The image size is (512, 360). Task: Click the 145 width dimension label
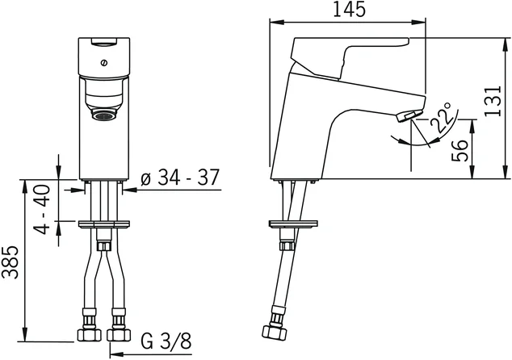[349, 10]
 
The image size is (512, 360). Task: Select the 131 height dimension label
[492, 101]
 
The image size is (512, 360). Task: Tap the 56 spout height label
[460, 150]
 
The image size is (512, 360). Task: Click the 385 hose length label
[10, 262]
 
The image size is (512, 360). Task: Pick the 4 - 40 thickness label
[43, 210]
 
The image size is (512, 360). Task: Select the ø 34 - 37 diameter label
[180, 178]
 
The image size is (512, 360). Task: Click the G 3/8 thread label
[166, 341]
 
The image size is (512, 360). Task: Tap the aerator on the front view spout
[104, 115]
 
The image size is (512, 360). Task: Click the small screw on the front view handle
[104, 63]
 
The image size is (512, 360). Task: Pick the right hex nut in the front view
[119, 334]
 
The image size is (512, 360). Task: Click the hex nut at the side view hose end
[275, 332]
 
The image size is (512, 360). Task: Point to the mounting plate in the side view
[293, 224]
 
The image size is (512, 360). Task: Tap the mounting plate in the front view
[104, 224]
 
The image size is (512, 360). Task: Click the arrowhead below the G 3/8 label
[115, 354]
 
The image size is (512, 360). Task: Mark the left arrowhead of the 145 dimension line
[276, 22]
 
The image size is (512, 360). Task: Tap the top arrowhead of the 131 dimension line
[506, 44]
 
